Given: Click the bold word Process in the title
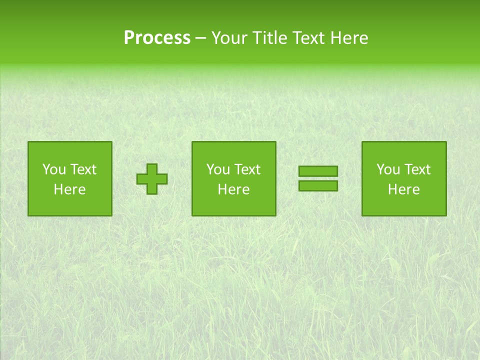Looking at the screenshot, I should (x=157, y=38).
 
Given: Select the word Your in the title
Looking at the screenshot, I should (x=230, y=38).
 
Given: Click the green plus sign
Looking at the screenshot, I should (x=152, y=179).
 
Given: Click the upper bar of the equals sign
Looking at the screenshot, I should (x=318, y=171).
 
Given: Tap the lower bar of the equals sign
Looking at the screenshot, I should (x=318, y=185).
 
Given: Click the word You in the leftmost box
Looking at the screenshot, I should (x=53, y=169).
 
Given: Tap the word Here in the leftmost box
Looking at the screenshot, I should (x=70, y=189).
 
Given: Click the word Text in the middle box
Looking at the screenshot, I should (x=247, y=169).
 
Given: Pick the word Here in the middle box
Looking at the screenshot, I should (x=234, y=189).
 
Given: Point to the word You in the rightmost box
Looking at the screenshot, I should (x=387, y=169).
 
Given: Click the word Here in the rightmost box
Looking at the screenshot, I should (x=404, y=189).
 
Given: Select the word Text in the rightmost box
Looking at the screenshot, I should (x=417, y=169).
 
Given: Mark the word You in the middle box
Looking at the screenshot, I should (x=217, y=169).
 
